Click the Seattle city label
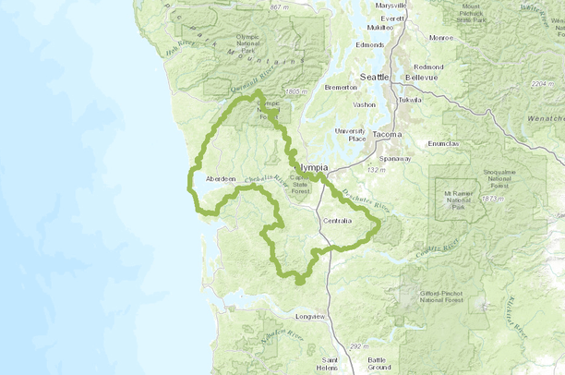click(x=376, y=77)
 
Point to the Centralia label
click(x=339, y=221)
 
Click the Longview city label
click(x=310, y=317)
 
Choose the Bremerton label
click(x=341, y=88)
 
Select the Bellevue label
click(x=430, y=79)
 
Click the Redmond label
click(x=429, y=67)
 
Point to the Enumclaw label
click(x=444, y=144)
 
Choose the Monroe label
click(x=441, y=38)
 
